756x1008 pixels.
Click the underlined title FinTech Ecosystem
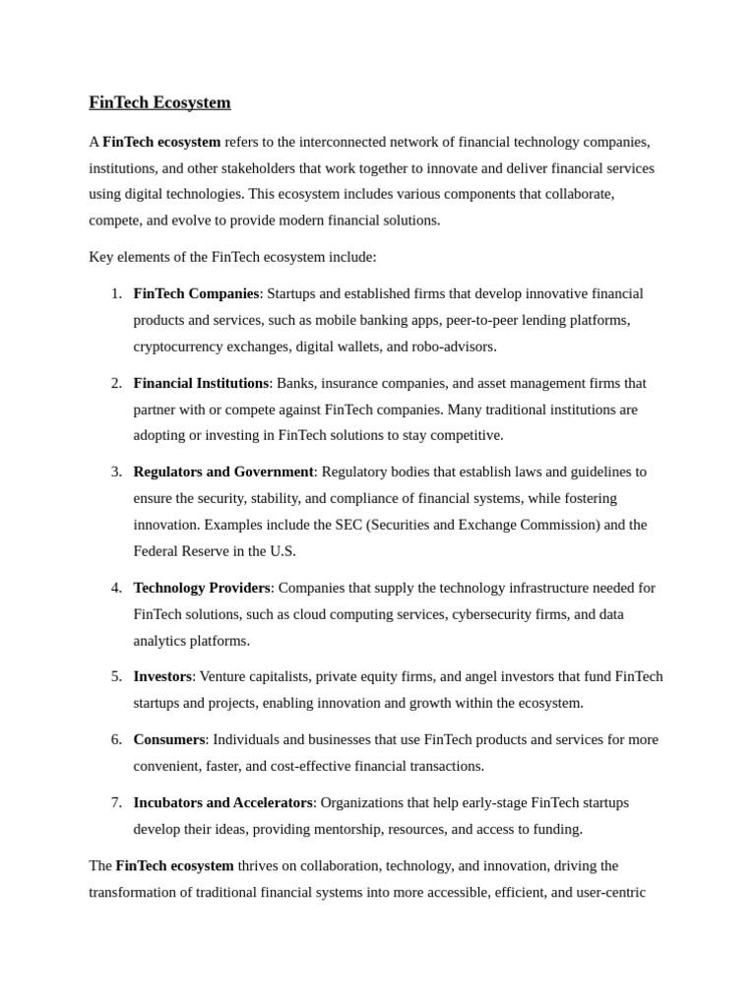pos(159,102)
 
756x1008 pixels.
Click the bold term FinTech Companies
pos(196,293)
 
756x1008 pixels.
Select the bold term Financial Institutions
pos(201,383)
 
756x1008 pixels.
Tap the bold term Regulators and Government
pos(223,472)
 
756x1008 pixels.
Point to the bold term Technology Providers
pos(202,588)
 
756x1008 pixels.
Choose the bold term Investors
pos(162,676)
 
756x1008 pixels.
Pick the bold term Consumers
pos(169,739)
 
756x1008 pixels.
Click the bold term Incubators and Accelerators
pos(223,802)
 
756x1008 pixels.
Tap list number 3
pos(116,472)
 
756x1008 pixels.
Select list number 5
pos(116,676)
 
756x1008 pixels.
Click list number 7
pos(116,802)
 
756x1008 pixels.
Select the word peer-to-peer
pos(481,320)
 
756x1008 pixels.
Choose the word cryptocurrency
pos(180,346)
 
